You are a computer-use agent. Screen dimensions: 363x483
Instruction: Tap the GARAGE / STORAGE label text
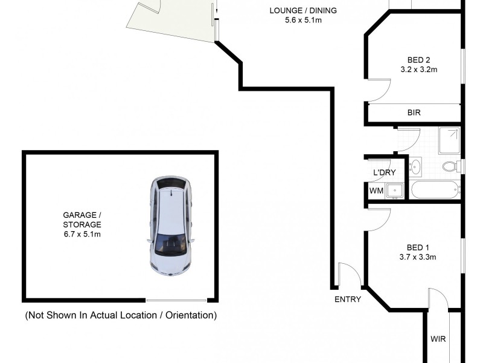click(x=82, y=224)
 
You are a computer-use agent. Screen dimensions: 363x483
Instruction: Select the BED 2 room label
click(x=418, y=60)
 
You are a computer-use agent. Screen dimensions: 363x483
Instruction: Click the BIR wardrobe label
click(x=414, y=113)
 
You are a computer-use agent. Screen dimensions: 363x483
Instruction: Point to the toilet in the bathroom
click(x=450, y=166)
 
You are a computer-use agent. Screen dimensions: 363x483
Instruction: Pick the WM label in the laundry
click(x=376, y=191)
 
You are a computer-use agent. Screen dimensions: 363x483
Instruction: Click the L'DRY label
click(x=383, y=173)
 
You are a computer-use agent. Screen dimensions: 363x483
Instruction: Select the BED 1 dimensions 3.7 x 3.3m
click(x=417, y=257)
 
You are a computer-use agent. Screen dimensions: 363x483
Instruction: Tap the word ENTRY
click(x=347, y=299)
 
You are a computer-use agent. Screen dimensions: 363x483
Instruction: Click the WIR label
click(x=438, y=339)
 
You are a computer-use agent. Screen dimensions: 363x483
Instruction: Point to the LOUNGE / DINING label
click(x=303, y=11)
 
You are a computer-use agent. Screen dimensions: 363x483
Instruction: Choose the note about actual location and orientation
click(x=120, y=315)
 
